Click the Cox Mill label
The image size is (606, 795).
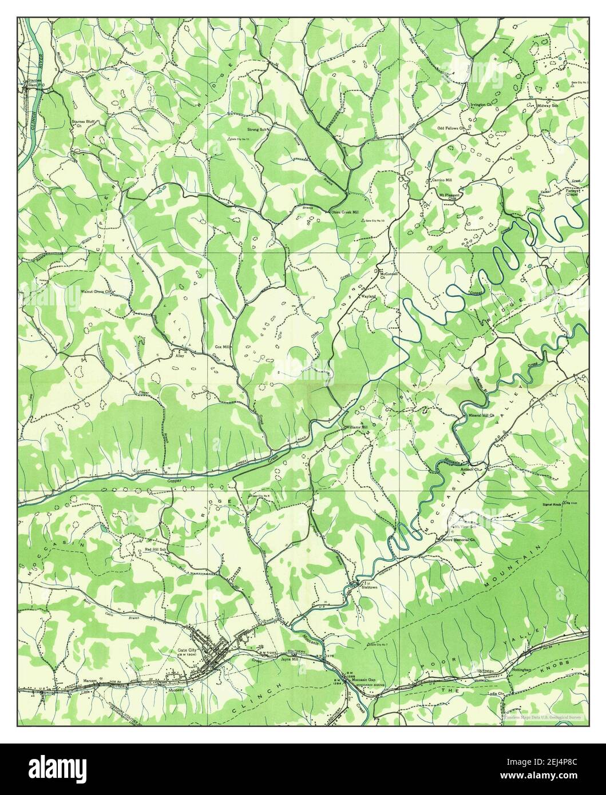tap(222, 347)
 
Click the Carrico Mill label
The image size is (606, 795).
tap(442, 180)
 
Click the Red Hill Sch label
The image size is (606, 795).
tap(155, 549)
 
